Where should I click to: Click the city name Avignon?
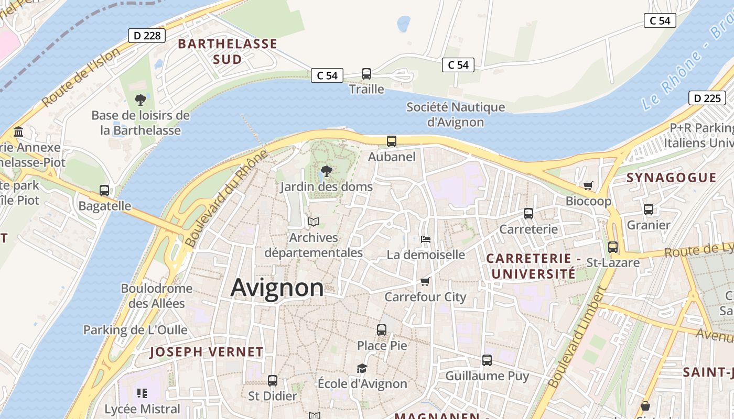[x=277, y=288]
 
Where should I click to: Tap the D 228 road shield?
[x=147, y=36]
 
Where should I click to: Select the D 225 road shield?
[x=707, y=98]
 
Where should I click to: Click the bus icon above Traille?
[x=366, y=74]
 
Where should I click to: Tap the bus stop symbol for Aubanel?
[x=392, y=141]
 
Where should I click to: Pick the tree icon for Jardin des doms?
[x=326, y=171]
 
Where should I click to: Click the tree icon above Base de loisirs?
[x=140, y=99]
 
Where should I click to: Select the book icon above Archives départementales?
[x=314, y=222]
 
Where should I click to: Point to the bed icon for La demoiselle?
[x=426, y=239]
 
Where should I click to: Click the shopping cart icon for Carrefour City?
[x=425, y=281]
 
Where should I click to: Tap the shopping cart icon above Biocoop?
[x=588, y=185]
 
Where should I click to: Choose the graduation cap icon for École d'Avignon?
[x=362, y=368]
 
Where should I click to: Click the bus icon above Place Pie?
[x=382, y=330]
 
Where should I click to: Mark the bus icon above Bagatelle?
[x=104, y=191]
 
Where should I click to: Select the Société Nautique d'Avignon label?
[x=456, y=115]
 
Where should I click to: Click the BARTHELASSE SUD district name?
[x=228, y=51]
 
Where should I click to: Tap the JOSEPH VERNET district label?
[x=207, y=352]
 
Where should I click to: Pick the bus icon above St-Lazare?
[x=613, y=247]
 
